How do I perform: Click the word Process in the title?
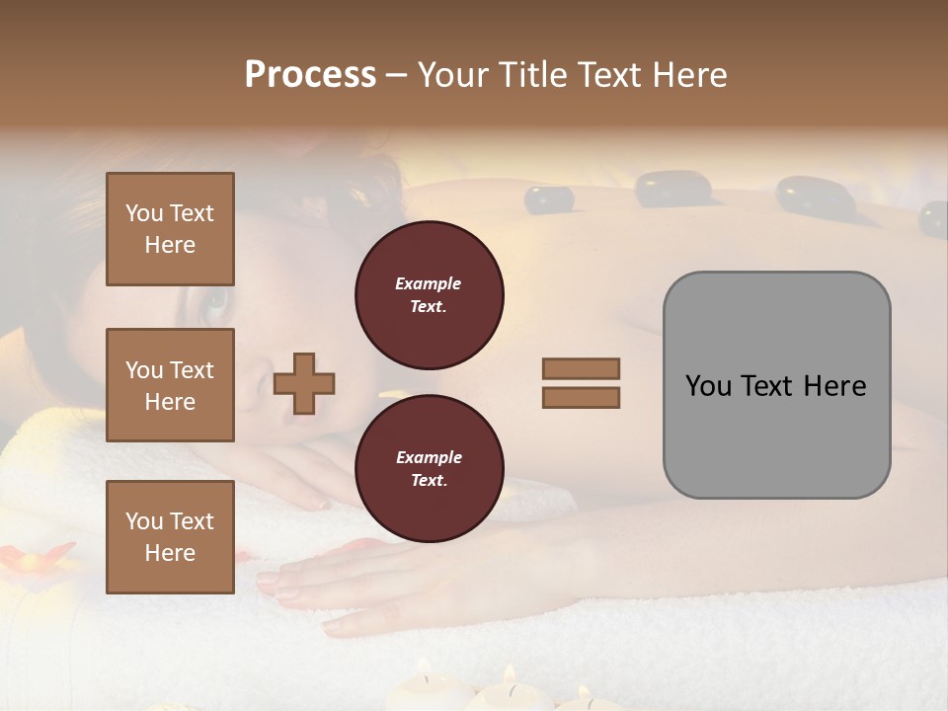click(x=310, y=75)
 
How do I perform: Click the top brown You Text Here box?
click(x=170, y=229)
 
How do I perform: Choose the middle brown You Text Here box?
click(x=170, y=385)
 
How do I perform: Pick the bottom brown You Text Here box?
click(x=170, y=537)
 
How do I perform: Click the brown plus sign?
click(x=304, y=383)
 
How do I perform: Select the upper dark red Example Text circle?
click(x=430, y=294)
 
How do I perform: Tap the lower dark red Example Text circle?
click(x=430, y=468)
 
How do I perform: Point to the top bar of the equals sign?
click(x=582, y=368)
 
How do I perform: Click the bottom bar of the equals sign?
click(x=582, y=398)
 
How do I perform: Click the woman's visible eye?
click(x=216, y=304)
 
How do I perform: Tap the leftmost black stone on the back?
click(x=549, y=199)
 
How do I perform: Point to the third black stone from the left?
click(x=815, y=196)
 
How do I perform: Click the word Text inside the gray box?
click(x=776, y=386)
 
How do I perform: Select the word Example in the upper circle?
click(x=429, y=283)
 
